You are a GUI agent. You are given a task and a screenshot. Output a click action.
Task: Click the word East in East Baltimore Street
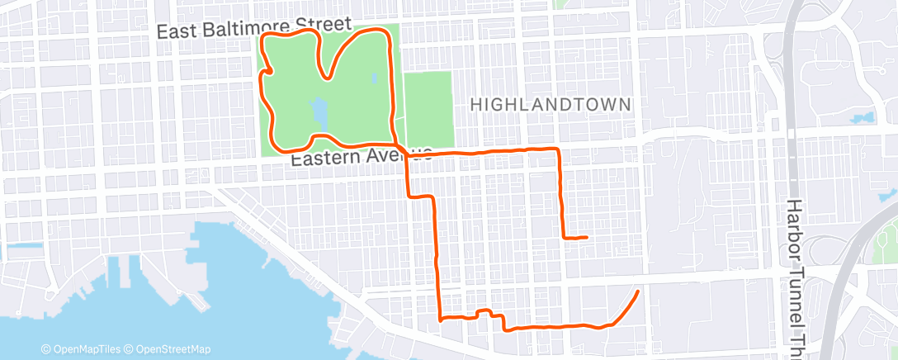177,31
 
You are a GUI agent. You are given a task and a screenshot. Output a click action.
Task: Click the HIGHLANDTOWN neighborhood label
551,104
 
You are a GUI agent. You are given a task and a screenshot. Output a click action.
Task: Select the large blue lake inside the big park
319,110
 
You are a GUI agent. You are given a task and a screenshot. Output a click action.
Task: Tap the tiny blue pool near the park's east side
374,79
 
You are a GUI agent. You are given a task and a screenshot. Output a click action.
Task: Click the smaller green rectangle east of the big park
428,107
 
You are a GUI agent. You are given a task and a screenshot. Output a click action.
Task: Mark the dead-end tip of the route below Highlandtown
586,238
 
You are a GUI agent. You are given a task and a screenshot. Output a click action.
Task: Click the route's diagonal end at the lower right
638,291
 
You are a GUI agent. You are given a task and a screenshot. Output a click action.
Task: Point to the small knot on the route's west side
267,74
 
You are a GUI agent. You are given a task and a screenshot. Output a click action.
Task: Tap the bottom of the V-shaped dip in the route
329,79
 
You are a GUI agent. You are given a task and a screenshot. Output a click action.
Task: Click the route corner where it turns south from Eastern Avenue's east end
560,149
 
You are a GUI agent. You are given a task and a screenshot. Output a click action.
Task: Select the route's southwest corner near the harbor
440,318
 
